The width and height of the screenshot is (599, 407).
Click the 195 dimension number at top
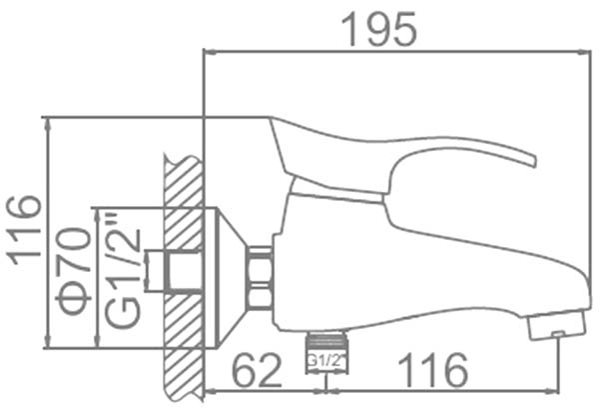coord(378,29)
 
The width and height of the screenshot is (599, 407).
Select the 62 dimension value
coord(257,370)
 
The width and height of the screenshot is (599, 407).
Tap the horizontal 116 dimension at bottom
coord(433,370)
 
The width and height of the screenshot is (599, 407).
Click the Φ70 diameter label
coord(73,271)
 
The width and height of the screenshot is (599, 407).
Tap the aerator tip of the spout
coord(557,325)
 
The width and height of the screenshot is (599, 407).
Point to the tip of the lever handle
coord(534,161)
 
